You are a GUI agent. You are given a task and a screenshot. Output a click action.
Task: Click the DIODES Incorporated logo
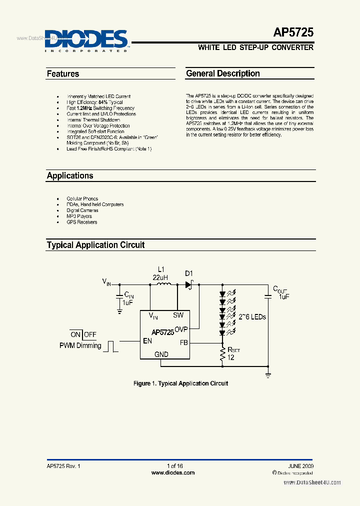[86, 40]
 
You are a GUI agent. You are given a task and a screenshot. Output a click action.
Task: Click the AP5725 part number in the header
[293, 32]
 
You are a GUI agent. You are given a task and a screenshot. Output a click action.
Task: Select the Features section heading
[63, 74]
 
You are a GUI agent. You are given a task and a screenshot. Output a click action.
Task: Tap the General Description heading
[223, 73]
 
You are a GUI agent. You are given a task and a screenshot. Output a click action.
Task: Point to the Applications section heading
[70, 175]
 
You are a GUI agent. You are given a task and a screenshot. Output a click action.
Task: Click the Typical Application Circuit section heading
[95, 245]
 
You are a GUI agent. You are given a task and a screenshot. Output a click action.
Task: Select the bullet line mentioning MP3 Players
[79, 216]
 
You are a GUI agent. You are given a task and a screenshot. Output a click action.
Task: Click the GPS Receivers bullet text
[82, 222]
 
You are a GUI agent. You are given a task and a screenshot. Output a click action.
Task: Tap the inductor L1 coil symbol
[164, 284]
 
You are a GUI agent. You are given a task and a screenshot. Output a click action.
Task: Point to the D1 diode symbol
[189, 284]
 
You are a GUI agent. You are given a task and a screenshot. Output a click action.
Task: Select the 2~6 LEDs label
[252, 317]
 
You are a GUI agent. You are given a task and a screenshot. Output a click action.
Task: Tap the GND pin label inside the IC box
[161, 354]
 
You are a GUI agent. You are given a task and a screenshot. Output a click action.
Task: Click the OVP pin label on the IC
[180, 329]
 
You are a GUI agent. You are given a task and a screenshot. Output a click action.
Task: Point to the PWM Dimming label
[80, 345]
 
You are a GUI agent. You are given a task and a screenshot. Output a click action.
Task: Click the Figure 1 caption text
[180, 383]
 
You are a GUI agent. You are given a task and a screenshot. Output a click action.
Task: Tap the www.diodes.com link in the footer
[173, 472]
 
